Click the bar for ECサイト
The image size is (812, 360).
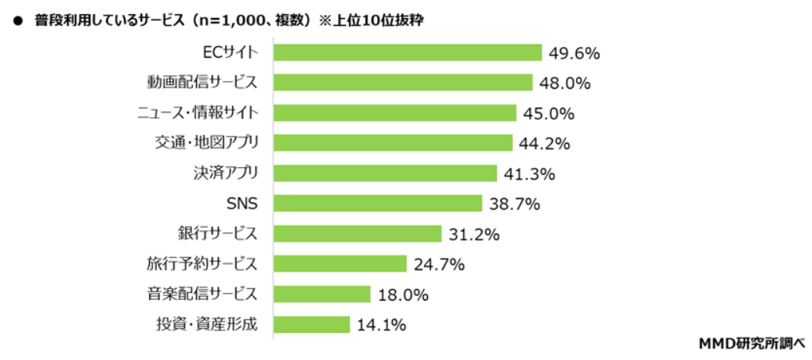(x=408, y=52)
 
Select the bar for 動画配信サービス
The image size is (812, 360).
(x=403, y=83)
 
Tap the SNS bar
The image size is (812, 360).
(x=378, y=203)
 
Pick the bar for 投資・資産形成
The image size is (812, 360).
(x=312, y=324)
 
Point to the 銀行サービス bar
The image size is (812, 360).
(x=358, y=233)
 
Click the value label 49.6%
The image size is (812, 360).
(x=574, y=53)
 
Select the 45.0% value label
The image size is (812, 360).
(x=549, y=113)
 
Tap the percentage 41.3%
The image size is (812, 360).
(x=529, y=174)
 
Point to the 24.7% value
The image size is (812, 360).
(x=439, y=265)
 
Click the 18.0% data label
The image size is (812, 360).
(x=403, y=294)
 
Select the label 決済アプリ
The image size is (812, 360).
(x=224, y=173)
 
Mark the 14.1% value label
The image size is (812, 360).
(x=381, y=325)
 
